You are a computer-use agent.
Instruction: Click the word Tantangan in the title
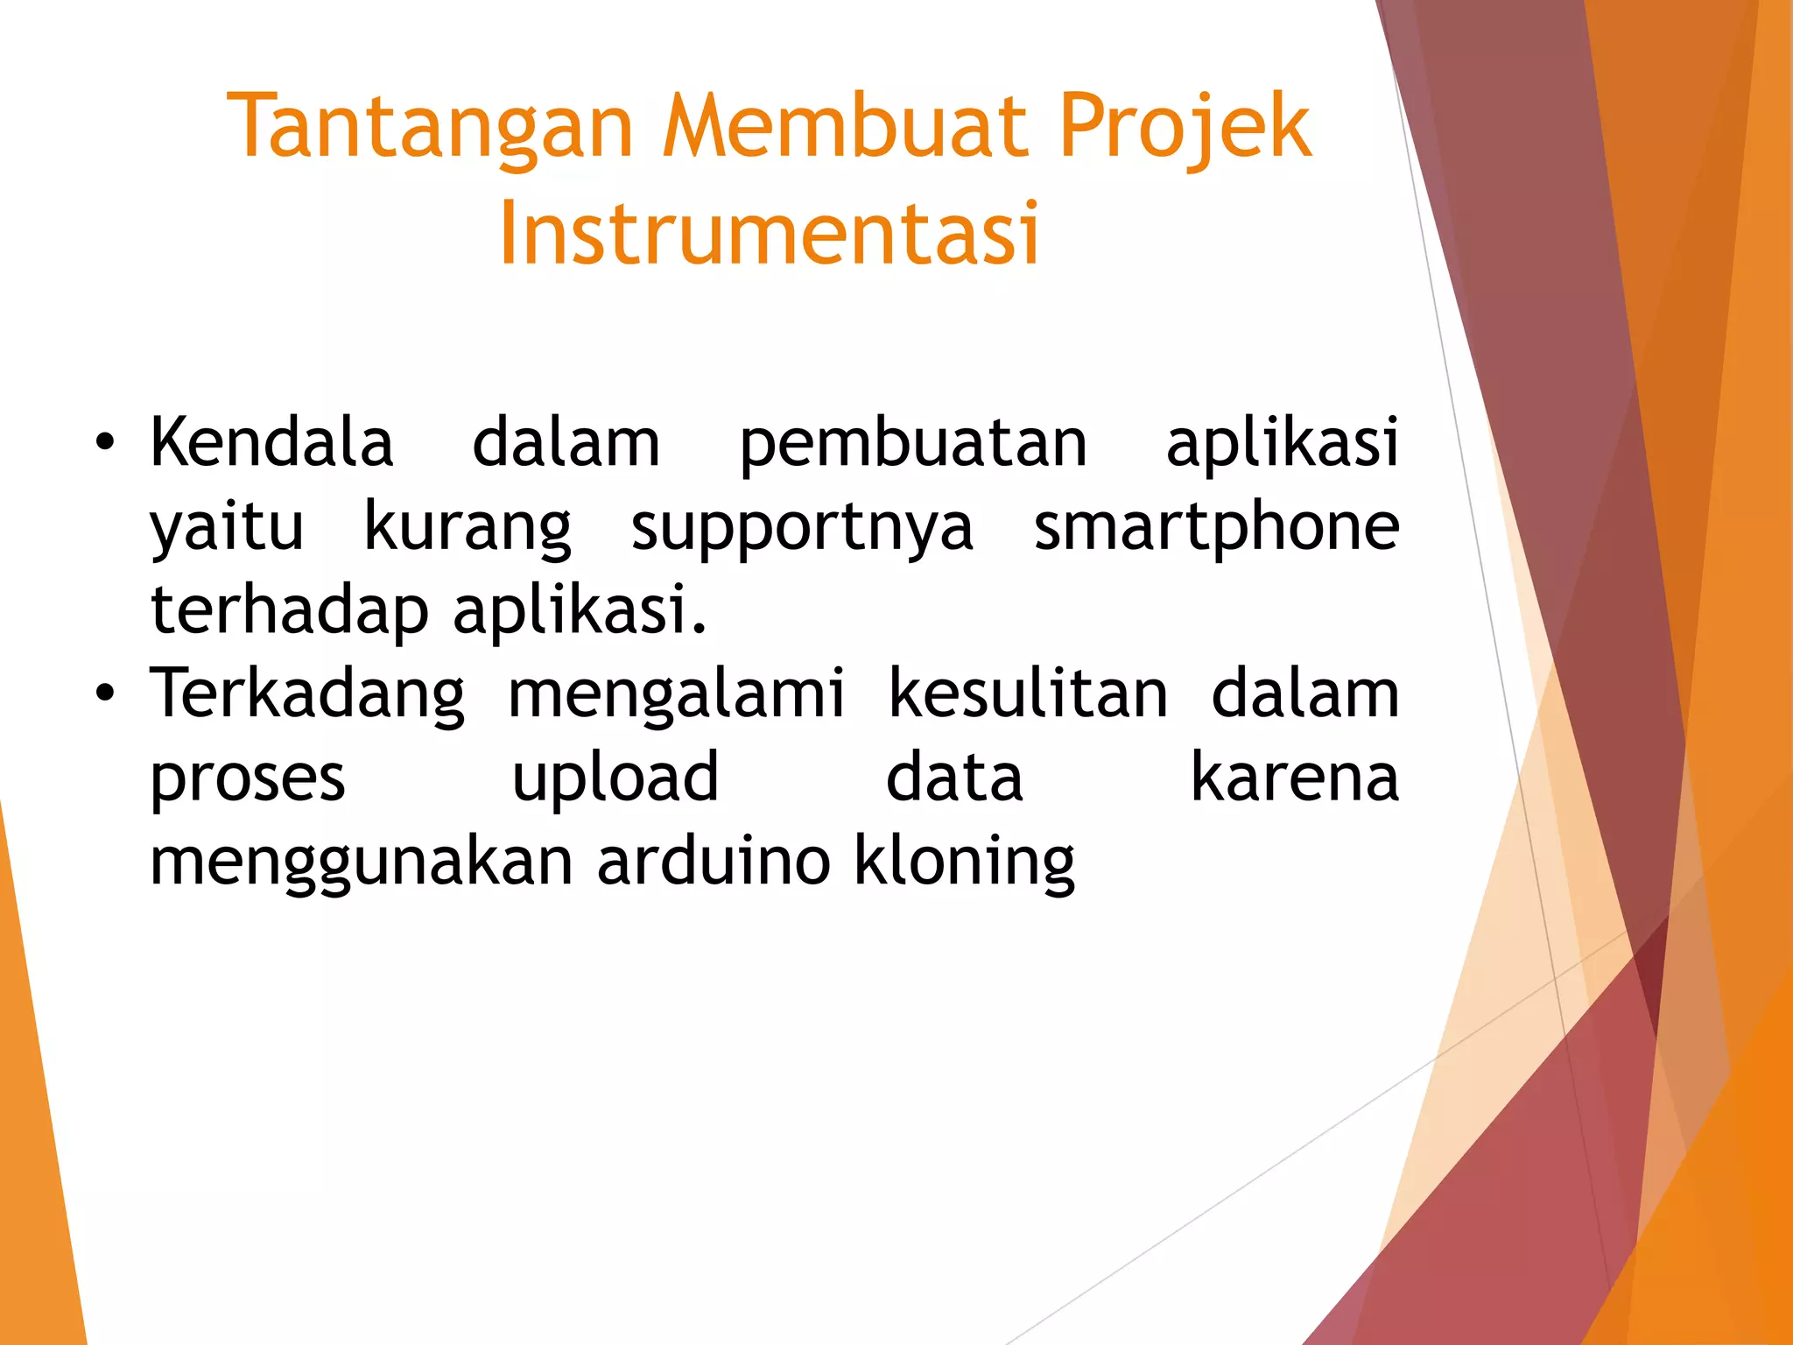click(429, 129)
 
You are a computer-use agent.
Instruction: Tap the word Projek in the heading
click(1185, 129)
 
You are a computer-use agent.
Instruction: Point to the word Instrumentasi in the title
click(769, 234)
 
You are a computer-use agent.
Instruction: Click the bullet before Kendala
click(105, 443)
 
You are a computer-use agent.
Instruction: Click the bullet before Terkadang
click(105, 694)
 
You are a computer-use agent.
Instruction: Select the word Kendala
click(271, 442)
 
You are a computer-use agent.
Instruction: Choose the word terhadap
click(290, 610)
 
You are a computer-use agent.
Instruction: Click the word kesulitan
click(1028, 694)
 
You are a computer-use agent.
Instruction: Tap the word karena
click(1295, 778)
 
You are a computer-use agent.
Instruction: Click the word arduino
click(713, 861)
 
